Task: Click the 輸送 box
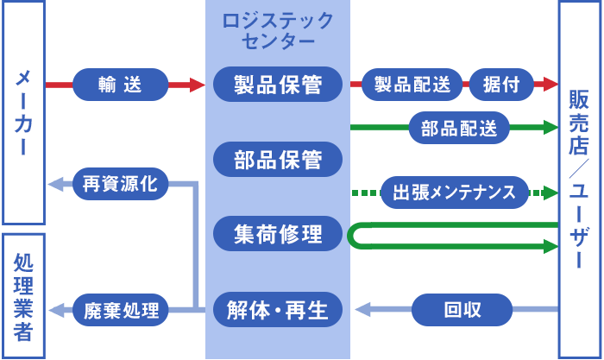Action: tap(120, 85)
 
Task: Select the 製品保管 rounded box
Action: tap(277, 85)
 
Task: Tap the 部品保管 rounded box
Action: tap(277, 160)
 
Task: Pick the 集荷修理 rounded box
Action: tap(277, 234)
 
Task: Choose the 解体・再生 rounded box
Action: tap(277, 309)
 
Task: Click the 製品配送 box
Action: tap(412, 85)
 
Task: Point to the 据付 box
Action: tap(500, 85)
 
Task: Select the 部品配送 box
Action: tap(459, 129)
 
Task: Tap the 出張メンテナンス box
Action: tap(454, 192)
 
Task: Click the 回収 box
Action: tap(462, 309)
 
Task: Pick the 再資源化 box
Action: tap(120, 183)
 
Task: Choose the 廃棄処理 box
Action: tap(120, 309)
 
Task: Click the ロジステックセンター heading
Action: tap(277, 31)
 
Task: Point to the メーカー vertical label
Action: tap(23, 112)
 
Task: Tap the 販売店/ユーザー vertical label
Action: tap(579, 180)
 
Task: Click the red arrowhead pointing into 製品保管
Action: tap(200, 85)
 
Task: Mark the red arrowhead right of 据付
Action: tap(549, 85)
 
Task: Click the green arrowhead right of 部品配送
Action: tap(549, 129)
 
